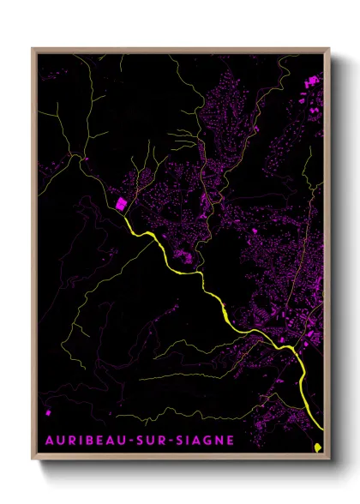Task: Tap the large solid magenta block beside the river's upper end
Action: coord(121,205)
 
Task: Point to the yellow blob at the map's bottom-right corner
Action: coord(318,447)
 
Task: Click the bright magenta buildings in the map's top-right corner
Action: coord(312,82)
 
